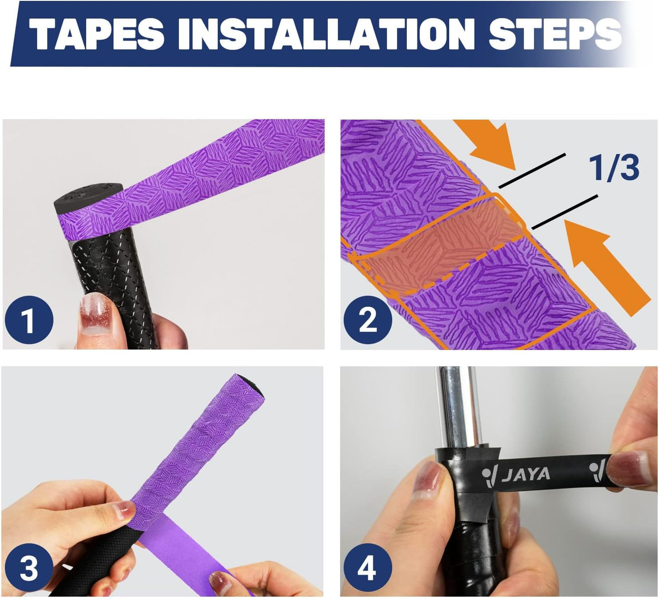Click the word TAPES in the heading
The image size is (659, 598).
[x=96, y=35]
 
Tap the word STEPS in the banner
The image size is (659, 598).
[x=555, y=35]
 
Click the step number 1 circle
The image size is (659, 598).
[x=29, y=320]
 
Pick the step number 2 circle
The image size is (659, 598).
[x=368, y=320]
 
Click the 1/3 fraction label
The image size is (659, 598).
[x=614, y=167]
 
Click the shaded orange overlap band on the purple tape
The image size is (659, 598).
[x=438, y=246]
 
